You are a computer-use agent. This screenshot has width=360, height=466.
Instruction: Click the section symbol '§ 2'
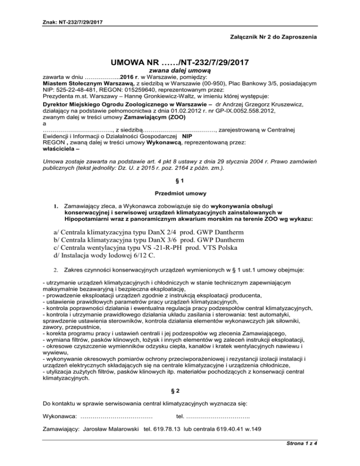point(180,378)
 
